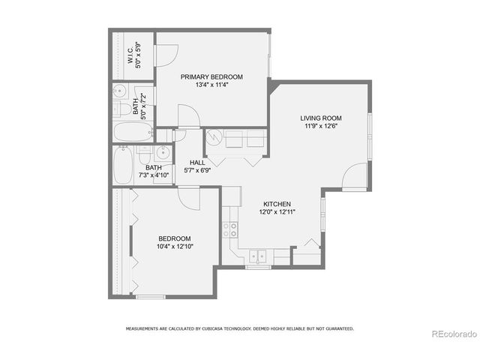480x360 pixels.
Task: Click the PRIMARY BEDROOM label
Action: pyautogui.click(x=211, y=77)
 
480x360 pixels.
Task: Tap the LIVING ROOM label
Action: pyautogui.click(x=321, y=118)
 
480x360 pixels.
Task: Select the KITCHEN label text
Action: pyautogui.click(x=276, y=204)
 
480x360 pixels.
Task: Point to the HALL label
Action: pyautogui.click(x=197, y=162)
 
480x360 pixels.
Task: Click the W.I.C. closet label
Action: pyautogui.click(x=130, y=56)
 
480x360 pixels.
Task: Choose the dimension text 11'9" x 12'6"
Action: pyautogui.click(x=321, y=126)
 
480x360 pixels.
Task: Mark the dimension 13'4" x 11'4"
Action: pyautogui.click(x=211, y=85)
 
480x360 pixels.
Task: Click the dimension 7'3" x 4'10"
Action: pyautogui.click(x=154, y=175)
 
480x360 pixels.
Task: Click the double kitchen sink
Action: pyautogui.click(x=258, y=256)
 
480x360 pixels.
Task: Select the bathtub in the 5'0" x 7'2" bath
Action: pyautogui.click(x=133, y=133)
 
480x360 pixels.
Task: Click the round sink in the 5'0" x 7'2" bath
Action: pyautogui.click(x=120, y=92)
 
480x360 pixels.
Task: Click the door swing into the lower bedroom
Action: pyautogui.click(x=189, y=198)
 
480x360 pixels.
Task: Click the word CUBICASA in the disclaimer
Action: pyautogui.click(x=197, y=328)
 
